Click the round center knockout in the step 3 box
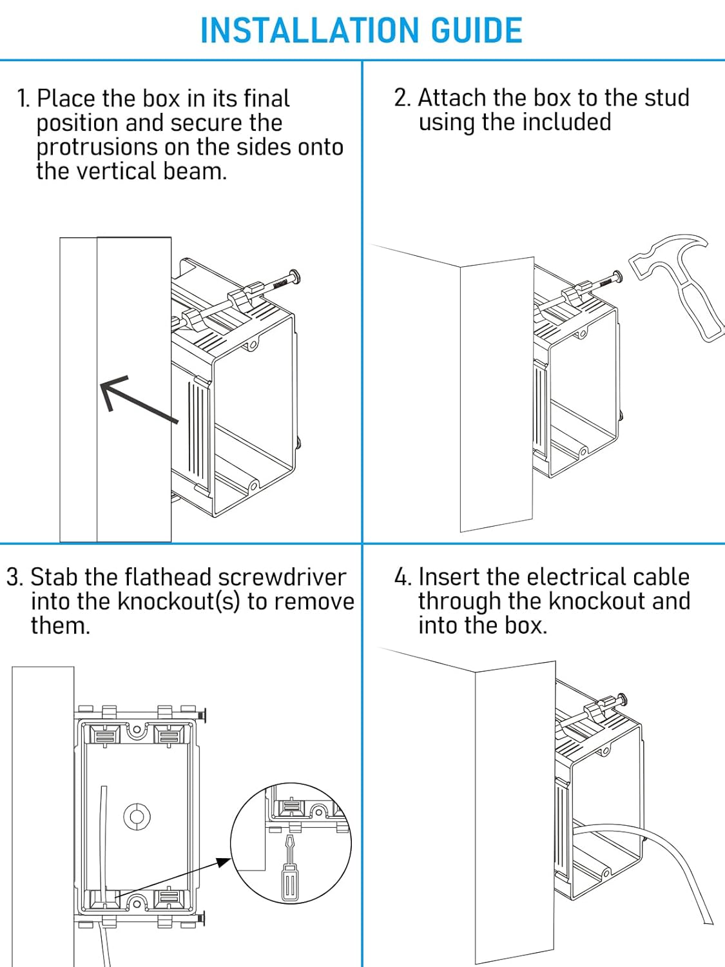(137, 817)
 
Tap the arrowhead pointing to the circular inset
(224, 862)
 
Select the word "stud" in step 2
(664, 98)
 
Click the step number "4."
(402, 577)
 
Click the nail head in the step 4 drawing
(623, 699)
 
